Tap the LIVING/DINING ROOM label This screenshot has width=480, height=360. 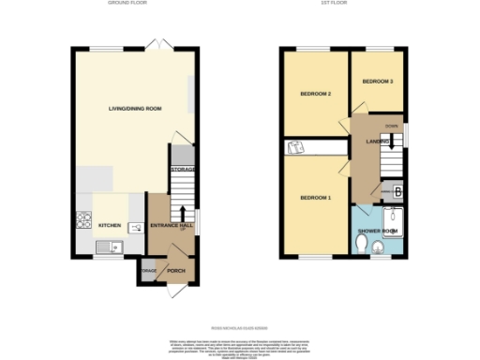(134, 109)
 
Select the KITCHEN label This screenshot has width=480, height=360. (110, 226)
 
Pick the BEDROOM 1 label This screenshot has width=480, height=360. (315, 198)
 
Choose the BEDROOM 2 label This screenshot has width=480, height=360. (317, 94)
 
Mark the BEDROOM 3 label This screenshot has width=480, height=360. (377, 82)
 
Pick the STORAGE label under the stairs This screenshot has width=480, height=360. (182, 170)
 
